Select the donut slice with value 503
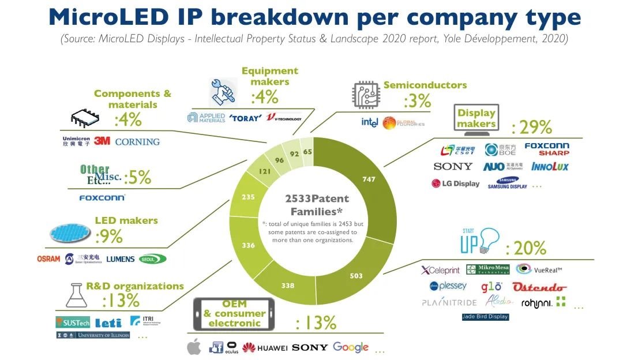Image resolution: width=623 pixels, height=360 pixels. click(x=356, y=275)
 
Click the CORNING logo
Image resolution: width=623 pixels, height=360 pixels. click(x=137, y=141)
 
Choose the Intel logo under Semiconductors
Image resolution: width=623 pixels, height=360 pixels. click(x=369, y=122)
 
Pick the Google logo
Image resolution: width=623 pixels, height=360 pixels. click(x=351, y=347)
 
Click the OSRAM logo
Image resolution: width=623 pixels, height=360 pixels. click(x=48, y=258)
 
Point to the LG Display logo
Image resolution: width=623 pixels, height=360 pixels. click(x=455, y=183)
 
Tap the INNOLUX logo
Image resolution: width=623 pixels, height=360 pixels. click(x=550, y=167)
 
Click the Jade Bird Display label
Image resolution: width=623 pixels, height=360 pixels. click(x=485, y=316)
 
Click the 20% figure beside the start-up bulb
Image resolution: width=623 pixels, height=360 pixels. click(x=526, y=249)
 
